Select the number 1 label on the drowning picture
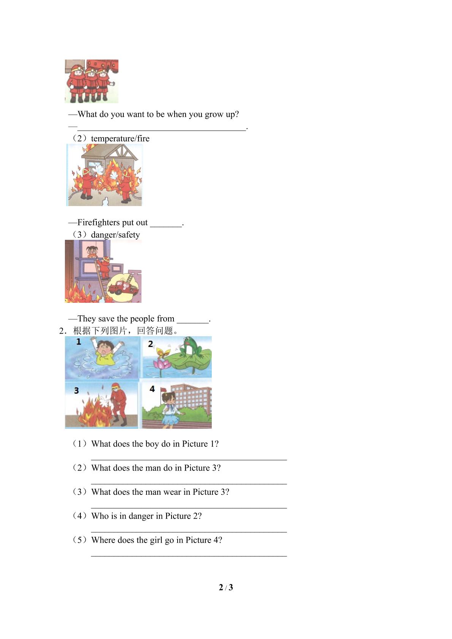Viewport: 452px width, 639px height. point(79,342)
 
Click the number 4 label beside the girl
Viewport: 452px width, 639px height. point(152,389)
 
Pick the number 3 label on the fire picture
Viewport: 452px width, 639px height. point(76,390)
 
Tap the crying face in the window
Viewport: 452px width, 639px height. point(91,251)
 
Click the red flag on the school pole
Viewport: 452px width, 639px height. point(164,390)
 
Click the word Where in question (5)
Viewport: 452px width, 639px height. point(103,540)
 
